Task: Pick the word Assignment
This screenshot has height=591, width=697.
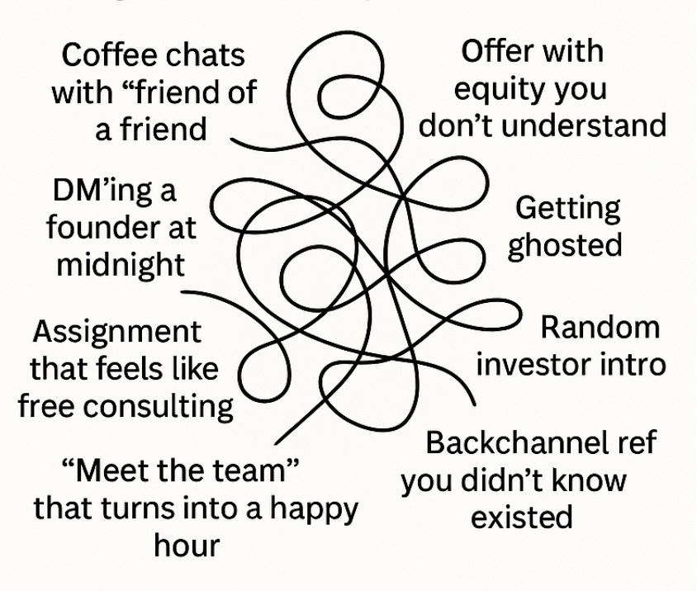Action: coord(116,332)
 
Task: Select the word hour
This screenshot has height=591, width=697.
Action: coord(187,545)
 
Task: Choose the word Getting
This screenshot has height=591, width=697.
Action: coord(567,208)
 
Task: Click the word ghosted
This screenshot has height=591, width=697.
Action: coord(564,245)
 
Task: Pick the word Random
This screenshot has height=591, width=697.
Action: coord(600,328)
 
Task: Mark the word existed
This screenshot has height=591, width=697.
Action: coord(522,517)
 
